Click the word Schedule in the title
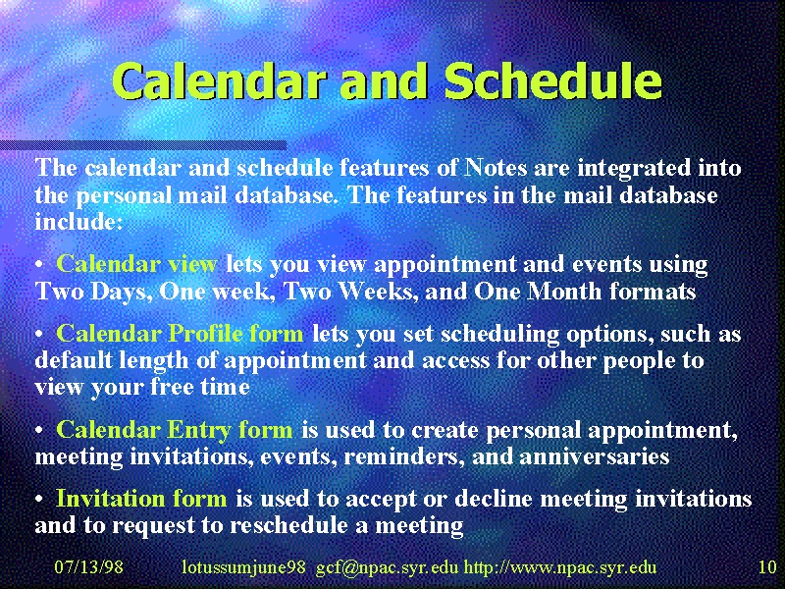(552, 81)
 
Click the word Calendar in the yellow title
(219, 81)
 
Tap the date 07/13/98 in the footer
(88, 567)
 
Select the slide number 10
(767, 567)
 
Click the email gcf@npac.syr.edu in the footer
(387, 567)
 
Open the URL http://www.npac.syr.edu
(559, 567)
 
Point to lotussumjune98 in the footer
(243, 567)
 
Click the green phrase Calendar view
(136, 263)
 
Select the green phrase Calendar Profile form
(180, 333)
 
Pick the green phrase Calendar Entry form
(175, 430)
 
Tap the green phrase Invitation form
(141, 499)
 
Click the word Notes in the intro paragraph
(496, 167)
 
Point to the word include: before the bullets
(78, 222)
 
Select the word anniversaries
(596, 456)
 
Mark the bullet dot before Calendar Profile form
(39, 335)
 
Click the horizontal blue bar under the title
(143, 145)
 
